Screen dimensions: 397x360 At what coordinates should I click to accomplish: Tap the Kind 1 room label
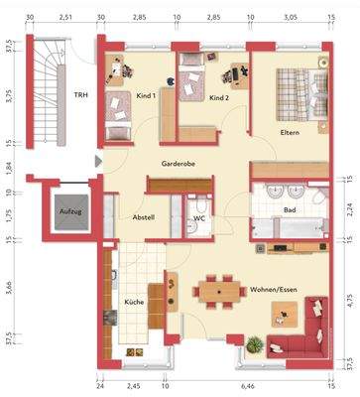(x=145, y=96)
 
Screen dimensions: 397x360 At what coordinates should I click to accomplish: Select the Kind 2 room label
(x=220, y=98)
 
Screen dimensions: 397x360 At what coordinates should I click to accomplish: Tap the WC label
(x=198, y=218)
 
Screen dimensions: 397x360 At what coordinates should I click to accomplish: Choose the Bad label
(x=290, y=211)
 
